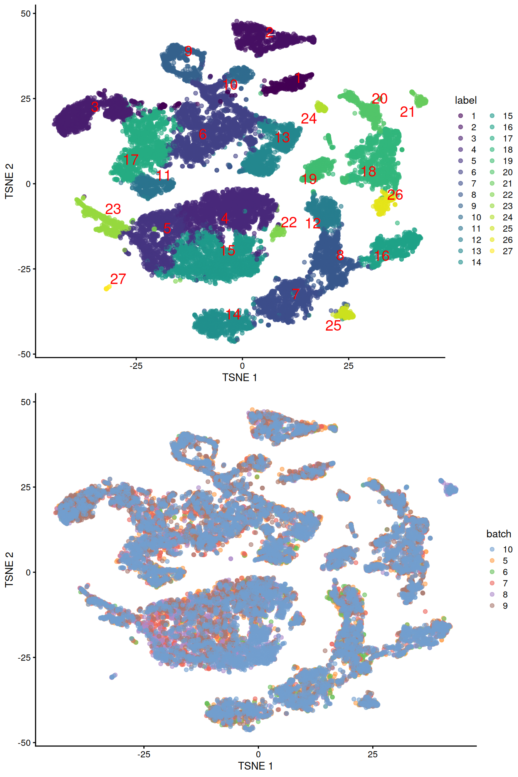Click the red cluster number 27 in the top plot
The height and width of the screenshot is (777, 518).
(x=118, y=279)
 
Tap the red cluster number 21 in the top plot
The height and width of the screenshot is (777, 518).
(x=407, y=112)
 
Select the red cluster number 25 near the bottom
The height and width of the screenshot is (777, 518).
(x=333, y=326)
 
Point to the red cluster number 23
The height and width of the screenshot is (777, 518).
(x=113, y=209)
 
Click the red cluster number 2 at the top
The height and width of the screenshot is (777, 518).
(x=270, y=32)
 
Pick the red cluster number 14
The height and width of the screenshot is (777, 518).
(x=233, y=314)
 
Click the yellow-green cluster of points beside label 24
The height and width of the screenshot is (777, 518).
(x=321, y=107)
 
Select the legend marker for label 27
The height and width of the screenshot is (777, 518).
(x=492, y=251)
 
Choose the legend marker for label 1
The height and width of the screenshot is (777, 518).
(x=461, y=116)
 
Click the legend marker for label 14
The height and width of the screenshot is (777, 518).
(x=461, y=262)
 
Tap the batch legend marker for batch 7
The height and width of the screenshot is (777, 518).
(x=492, y=583)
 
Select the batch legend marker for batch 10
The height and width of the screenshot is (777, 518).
(x=492, y=549)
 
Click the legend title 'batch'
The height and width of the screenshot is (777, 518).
(x=498, y=534)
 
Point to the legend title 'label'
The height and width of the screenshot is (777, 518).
(x=466, y=100)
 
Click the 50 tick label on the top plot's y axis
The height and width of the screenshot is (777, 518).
(x=25, y=13)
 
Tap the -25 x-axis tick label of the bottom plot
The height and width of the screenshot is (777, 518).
(x=144, y=754)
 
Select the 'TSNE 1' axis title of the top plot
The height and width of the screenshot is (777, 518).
(x=239, y=377)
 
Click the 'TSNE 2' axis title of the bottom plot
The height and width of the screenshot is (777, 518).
(x=9, y=570)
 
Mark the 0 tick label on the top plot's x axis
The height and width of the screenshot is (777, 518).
(x=242, y=366)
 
